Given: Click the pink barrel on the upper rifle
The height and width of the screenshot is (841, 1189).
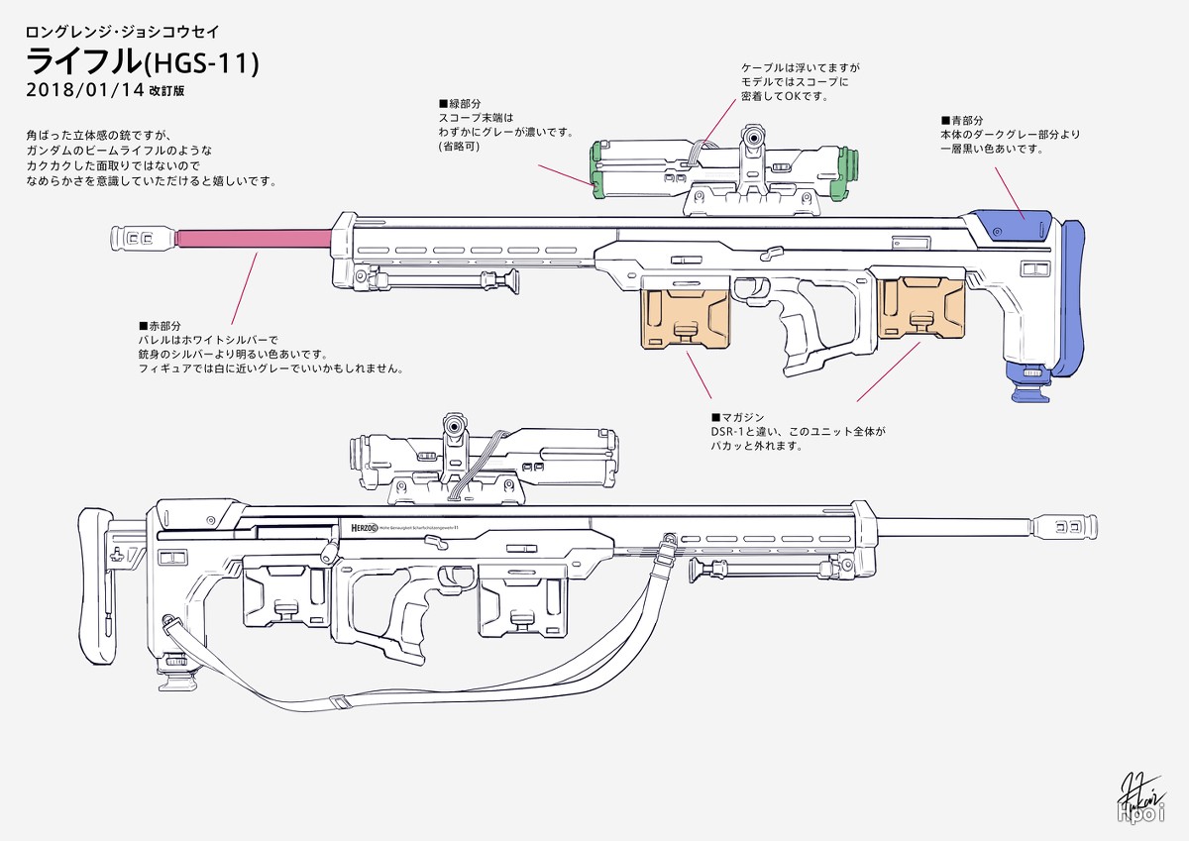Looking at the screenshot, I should pos(253,238).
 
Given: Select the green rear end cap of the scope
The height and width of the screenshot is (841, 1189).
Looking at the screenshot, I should pos(597,166).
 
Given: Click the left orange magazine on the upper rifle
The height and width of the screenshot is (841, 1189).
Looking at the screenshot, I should pos(686,315).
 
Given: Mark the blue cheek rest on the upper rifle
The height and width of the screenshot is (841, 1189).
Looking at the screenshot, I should pos(1011,226).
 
